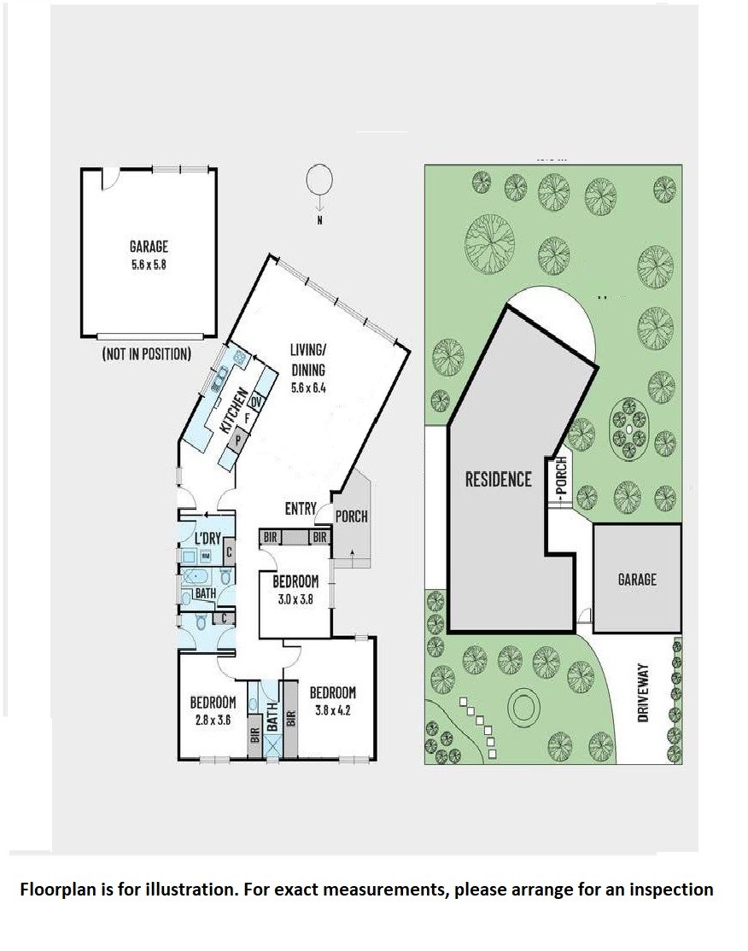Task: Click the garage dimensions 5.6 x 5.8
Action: (149, 265)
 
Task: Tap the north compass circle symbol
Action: (319, 179)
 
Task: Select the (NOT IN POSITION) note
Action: (146, 353)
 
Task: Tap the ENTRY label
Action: (301, 509)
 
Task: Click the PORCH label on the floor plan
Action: (352, 516)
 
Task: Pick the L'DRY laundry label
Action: (207, 538)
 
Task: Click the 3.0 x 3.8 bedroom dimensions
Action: (295, 601)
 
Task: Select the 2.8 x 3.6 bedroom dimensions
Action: (213, 721)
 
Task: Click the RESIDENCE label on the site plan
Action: (498, 480)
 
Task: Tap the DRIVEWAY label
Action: (644, 692)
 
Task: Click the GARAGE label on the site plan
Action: (637, 579)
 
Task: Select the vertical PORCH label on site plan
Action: (561, 475)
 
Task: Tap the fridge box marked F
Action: (247, 418)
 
